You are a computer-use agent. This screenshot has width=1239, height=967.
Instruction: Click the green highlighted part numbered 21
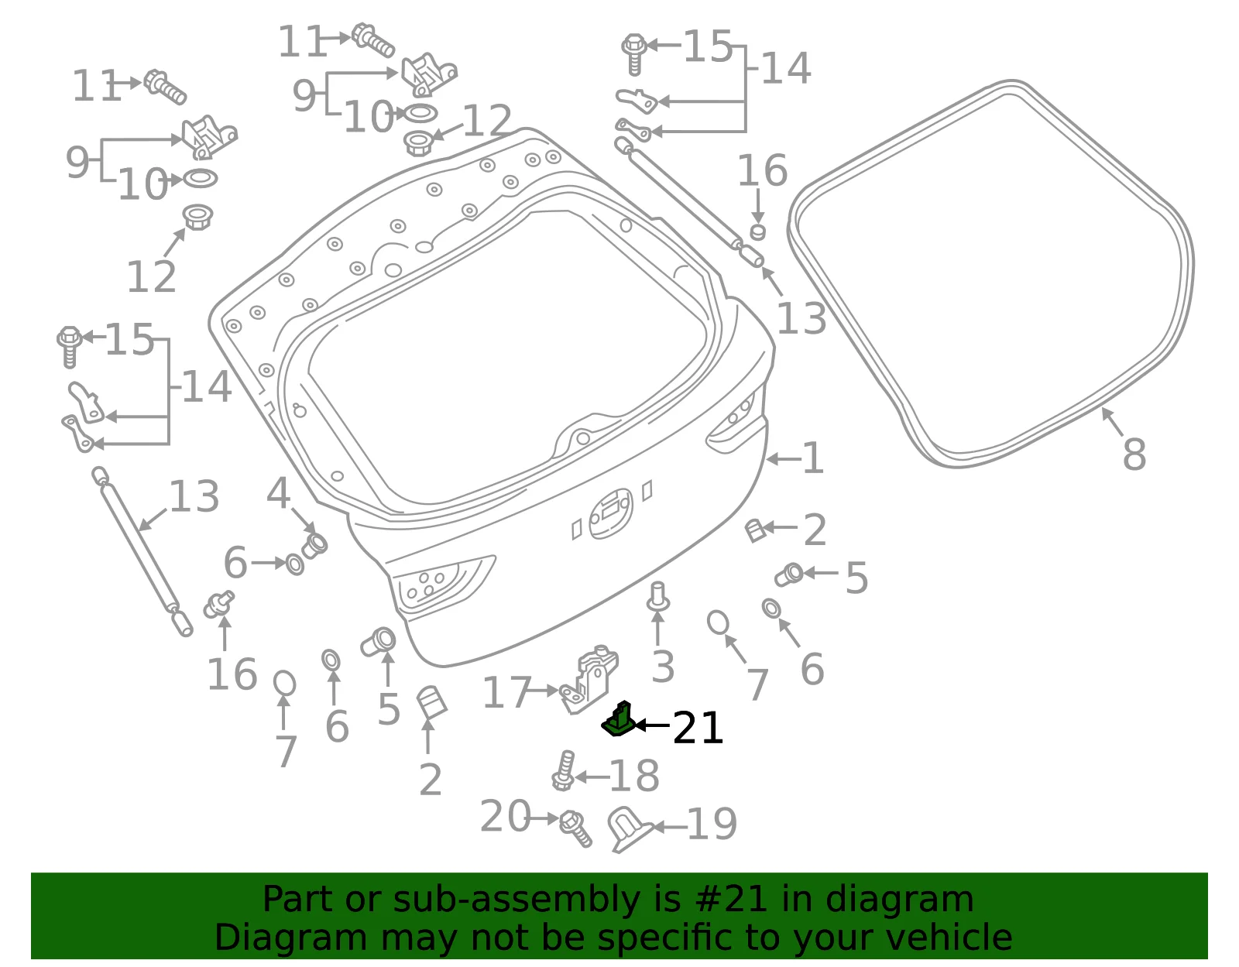click(x=618, y=720)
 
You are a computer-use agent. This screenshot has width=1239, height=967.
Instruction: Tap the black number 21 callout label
click(x=698, y=728)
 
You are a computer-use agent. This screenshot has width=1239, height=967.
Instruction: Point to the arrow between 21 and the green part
click(x=652, y=725)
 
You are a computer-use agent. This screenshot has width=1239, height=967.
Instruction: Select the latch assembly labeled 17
click(x=589, y=679)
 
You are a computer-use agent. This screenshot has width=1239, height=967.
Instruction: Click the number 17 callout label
click(x=507, y=692)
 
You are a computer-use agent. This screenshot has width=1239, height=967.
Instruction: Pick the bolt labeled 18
click(x=563, y=771)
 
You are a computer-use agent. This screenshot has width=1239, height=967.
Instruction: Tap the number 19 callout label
click(x=712, y=825)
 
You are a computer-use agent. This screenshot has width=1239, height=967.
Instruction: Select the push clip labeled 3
click(x=658, y=596)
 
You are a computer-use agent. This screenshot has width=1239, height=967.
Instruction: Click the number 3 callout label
click(x=663, y=667)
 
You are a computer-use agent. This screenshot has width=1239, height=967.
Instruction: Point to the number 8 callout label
click(x=1134, y=454)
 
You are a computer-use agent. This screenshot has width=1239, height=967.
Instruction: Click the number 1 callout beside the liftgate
click(x=813, y=458)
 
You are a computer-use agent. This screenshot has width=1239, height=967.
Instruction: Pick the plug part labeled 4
click(x=314, y=545)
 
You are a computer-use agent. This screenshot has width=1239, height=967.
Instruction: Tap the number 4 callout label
click(x=278, y=493)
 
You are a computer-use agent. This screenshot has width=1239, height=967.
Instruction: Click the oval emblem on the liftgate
click(x=610, y=513)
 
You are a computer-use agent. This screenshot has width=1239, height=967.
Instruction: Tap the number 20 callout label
click(x=506, y=817)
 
